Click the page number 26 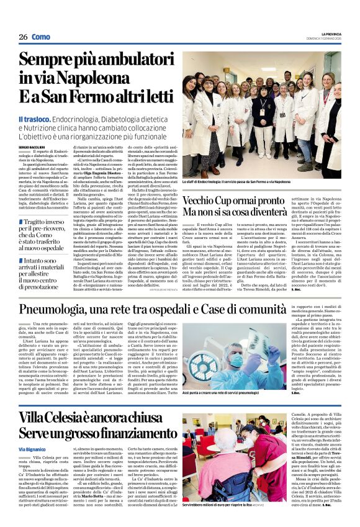[x=23, y=37]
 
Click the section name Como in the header [x=41, y=37]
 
